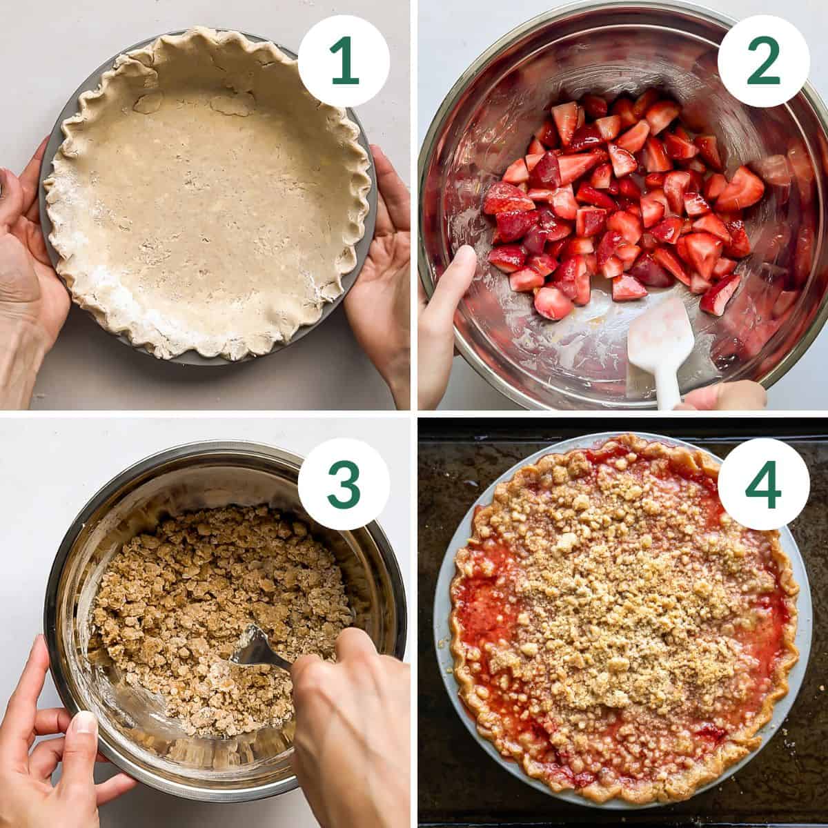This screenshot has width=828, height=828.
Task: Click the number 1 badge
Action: pos(344,61)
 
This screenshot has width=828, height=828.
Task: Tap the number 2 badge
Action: pos(763,61)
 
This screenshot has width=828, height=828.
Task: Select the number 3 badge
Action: pos(344,484)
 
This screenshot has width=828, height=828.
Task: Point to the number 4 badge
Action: pos(763,484)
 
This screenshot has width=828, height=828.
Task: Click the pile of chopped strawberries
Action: pos(614,200)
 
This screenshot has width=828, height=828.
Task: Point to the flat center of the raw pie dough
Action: pos(207,200)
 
